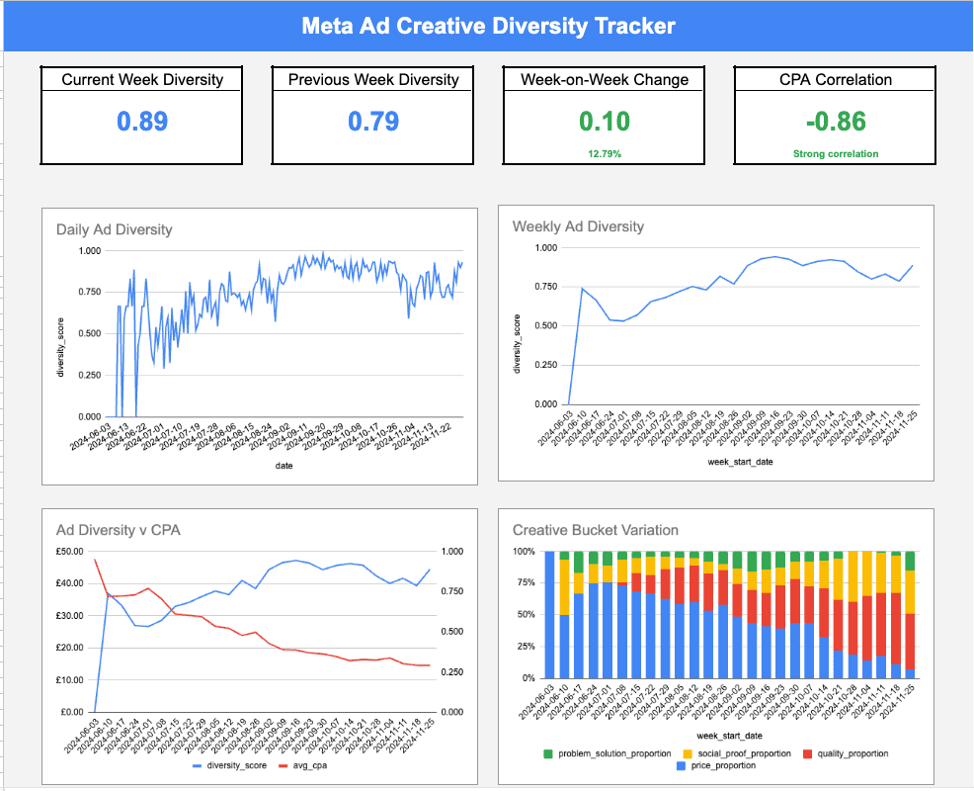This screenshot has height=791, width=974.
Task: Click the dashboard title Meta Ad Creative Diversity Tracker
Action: (488, 26)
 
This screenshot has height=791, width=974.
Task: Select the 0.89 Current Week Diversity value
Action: (142, 122)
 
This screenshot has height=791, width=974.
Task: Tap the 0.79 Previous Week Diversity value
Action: (373, 122)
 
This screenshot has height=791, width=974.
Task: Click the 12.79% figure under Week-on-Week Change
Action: (604, 153)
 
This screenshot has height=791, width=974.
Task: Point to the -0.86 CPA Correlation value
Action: (835, 122)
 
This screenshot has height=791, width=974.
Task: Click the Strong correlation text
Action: (835, 153)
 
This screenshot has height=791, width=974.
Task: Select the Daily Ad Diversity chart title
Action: (114, 229)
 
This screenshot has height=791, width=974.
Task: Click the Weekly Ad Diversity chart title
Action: (578, 226)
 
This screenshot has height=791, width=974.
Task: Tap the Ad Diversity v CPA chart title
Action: (119, 530)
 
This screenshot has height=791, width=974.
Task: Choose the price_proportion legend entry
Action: (718, 766)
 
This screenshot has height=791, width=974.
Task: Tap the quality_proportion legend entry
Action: (847, 753)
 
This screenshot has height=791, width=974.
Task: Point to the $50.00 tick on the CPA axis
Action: (71, 552)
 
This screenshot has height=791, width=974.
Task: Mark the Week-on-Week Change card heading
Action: (604, 79)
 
